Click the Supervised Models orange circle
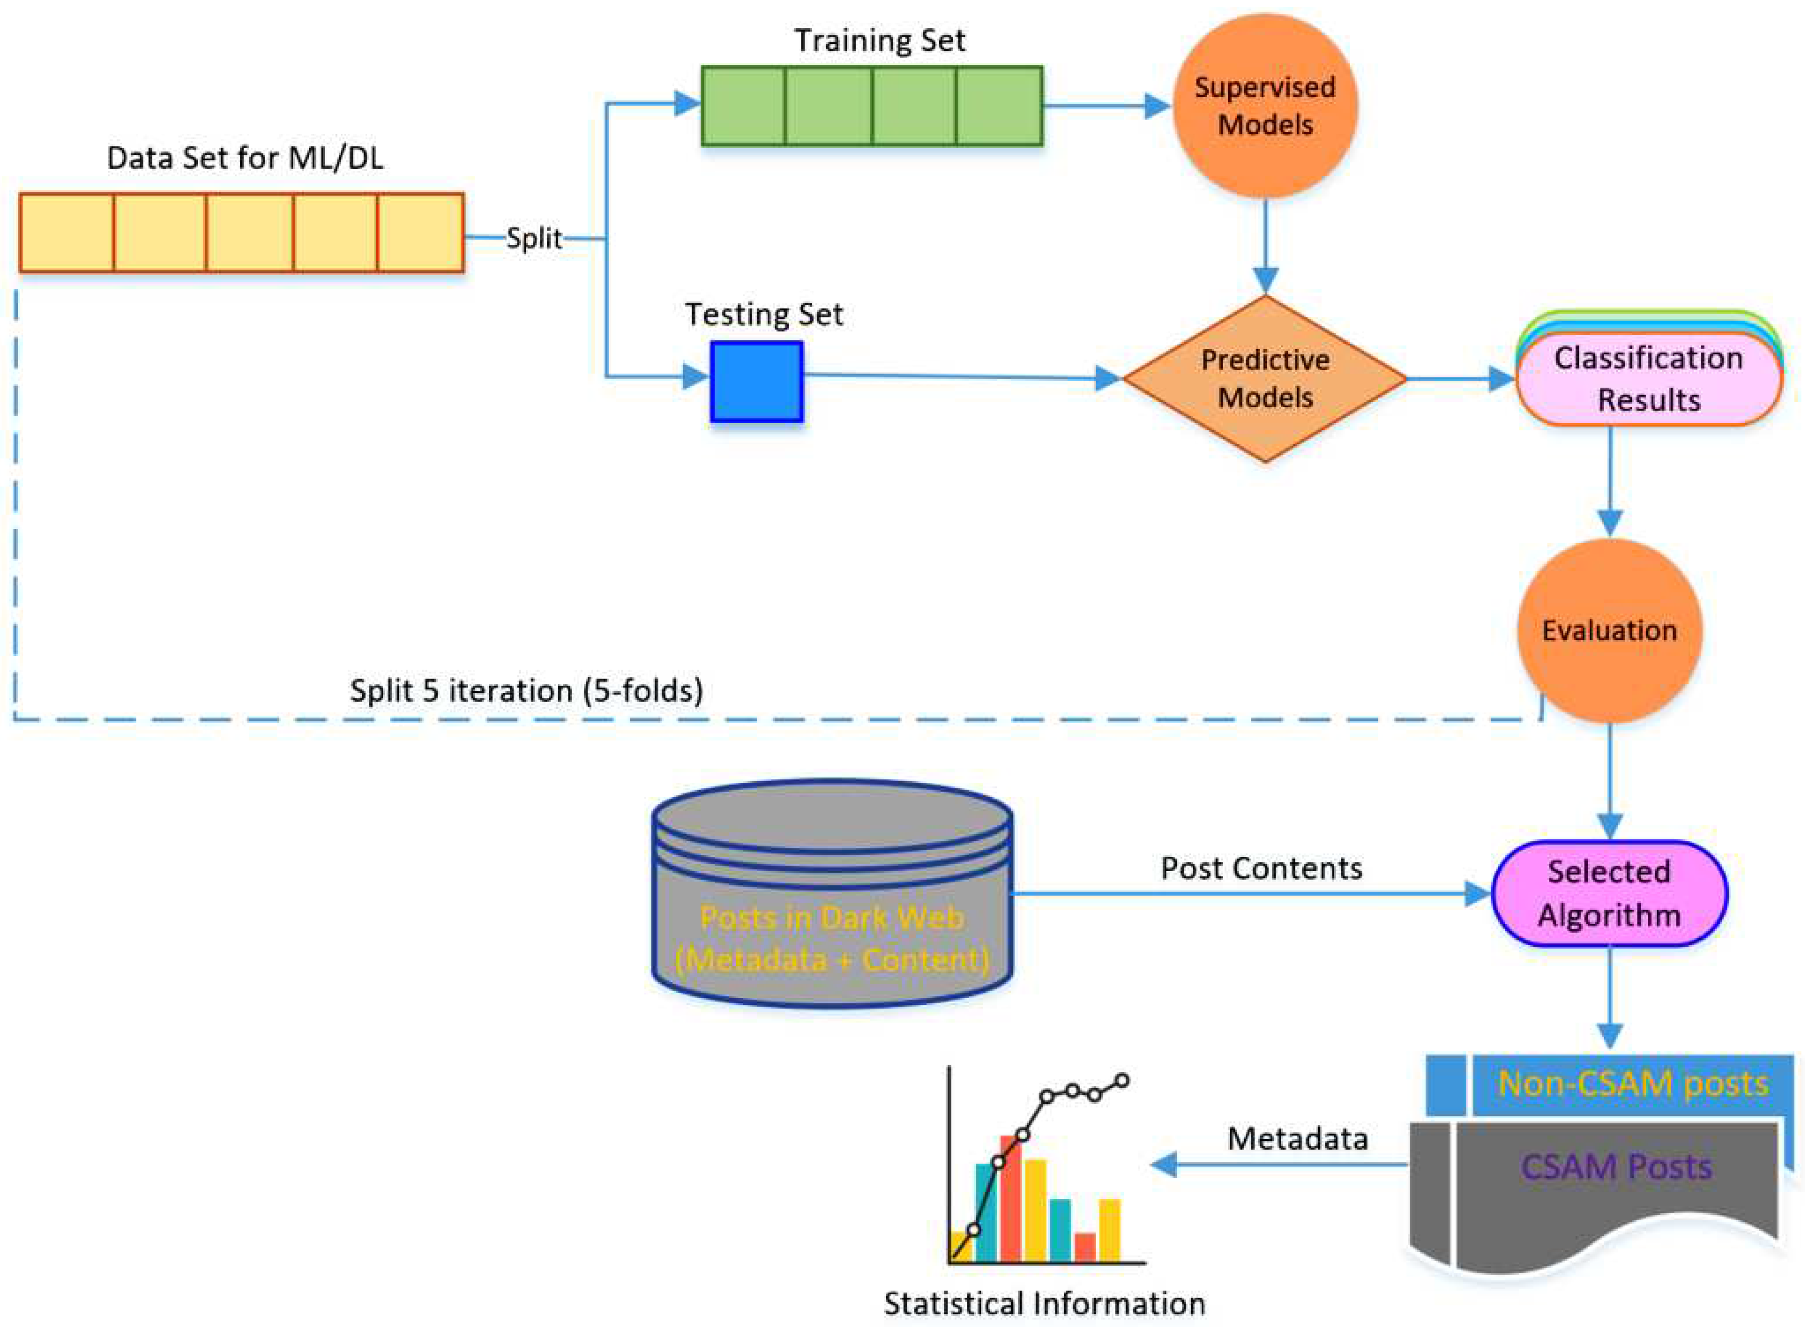tap(1265, 106)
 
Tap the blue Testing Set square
tap(756, 381)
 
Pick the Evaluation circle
tap(1609, 630)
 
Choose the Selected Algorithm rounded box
tap(1609, 893)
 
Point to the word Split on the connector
tap(533, 239)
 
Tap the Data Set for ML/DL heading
tap(245, 158)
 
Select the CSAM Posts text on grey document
tap(1616, 1166)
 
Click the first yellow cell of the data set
tap(67, 233)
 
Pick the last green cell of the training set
tap(999, 106)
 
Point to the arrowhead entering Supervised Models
tap(1157, 106)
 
